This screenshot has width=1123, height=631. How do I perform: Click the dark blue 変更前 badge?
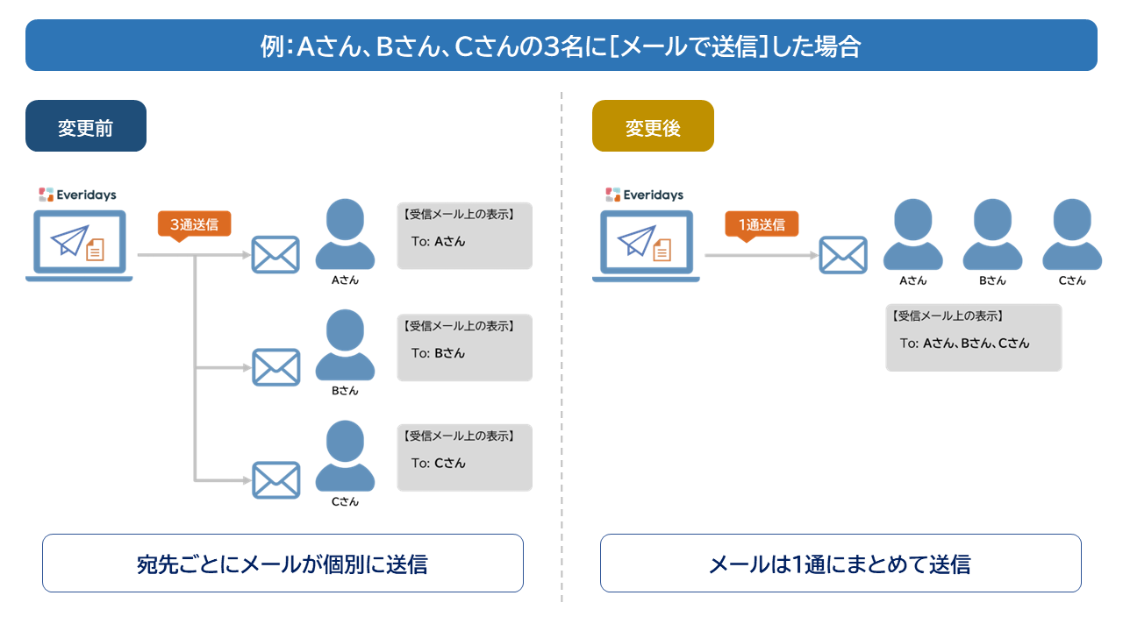tap(86, 126)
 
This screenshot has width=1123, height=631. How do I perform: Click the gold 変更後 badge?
tap(653, 126)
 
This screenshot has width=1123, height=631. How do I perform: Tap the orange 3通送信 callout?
tap(194, 224)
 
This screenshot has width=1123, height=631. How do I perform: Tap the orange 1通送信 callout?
tap(762, 224)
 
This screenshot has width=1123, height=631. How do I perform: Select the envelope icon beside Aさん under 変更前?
tap(275, 255)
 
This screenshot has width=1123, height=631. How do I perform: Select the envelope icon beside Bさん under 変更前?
tap(275, 367)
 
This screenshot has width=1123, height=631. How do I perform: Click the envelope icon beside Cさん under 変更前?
tap(275, 479)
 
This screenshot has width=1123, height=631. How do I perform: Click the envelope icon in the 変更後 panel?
tap(843, 255)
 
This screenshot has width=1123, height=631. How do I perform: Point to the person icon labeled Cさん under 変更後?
tap(1072, 234)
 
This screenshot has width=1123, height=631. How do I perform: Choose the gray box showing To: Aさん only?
tap(464, 237)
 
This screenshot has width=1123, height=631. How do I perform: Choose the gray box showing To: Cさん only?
tap(464, 458)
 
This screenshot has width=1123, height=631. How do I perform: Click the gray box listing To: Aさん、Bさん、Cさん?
tap(973, 337)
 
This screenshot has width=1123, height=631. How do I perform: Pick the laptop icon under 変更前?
tap(79, 245)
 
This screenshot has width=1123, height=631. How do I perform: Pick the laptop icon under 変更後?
tap(646, 245)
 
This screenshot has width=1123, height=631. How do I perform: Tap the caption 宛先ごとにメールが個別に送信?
tap(283, 564)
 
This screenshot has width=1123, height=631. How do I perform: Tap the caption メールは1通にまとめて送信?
tap(840, 564)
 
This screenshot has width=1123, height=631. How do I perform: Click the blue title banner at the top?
tap(561, 46)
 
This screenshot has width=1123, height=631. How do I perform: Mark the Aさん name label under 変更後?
tap(912, 280)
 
